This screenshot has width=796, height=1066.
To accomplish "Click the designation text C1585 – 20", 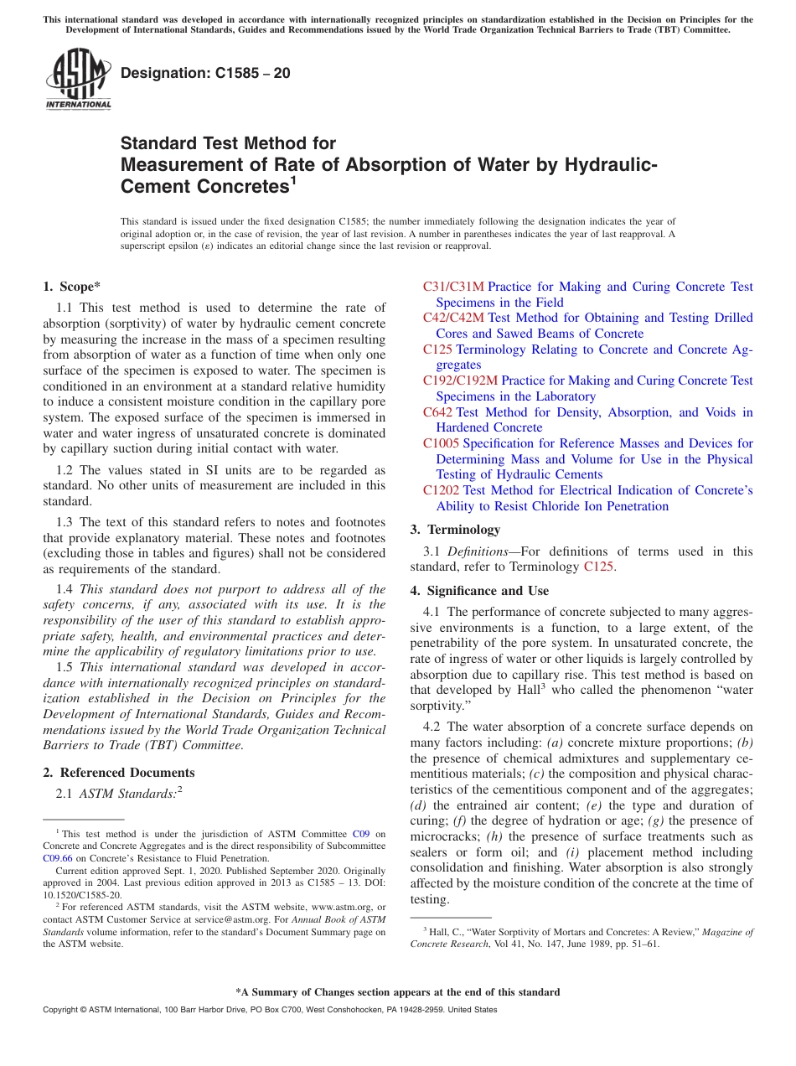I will pyautogui.click(x=206, y=73).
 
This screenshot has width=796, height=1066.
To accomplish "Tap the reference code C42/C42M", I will pyautogui.click(x=453, y=318).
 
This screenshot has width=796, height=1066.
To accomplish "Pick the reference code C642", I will pyautogui.click(x=437, y=412).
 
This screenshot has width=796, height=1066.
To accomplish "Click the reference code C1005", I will pyautogui.click(x=441, y=443).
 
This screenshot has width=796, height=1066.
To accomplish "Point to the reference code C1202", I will pyautogui.click(x=441, y=490).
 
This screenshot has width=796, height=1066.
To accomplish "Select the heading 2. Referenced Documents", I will pyautogui.click(x=119, y=773).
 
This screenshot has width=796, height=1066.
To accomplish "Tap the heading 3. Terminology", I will pyautogui.click(x=455, y=530).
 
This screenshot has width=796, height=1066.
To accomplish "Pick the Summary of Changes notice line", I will pyautogui.click(x=397, y=992).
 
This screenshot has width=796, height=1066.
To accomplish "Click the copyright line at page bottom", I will pyautogui.click(x=270, y=1010).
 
